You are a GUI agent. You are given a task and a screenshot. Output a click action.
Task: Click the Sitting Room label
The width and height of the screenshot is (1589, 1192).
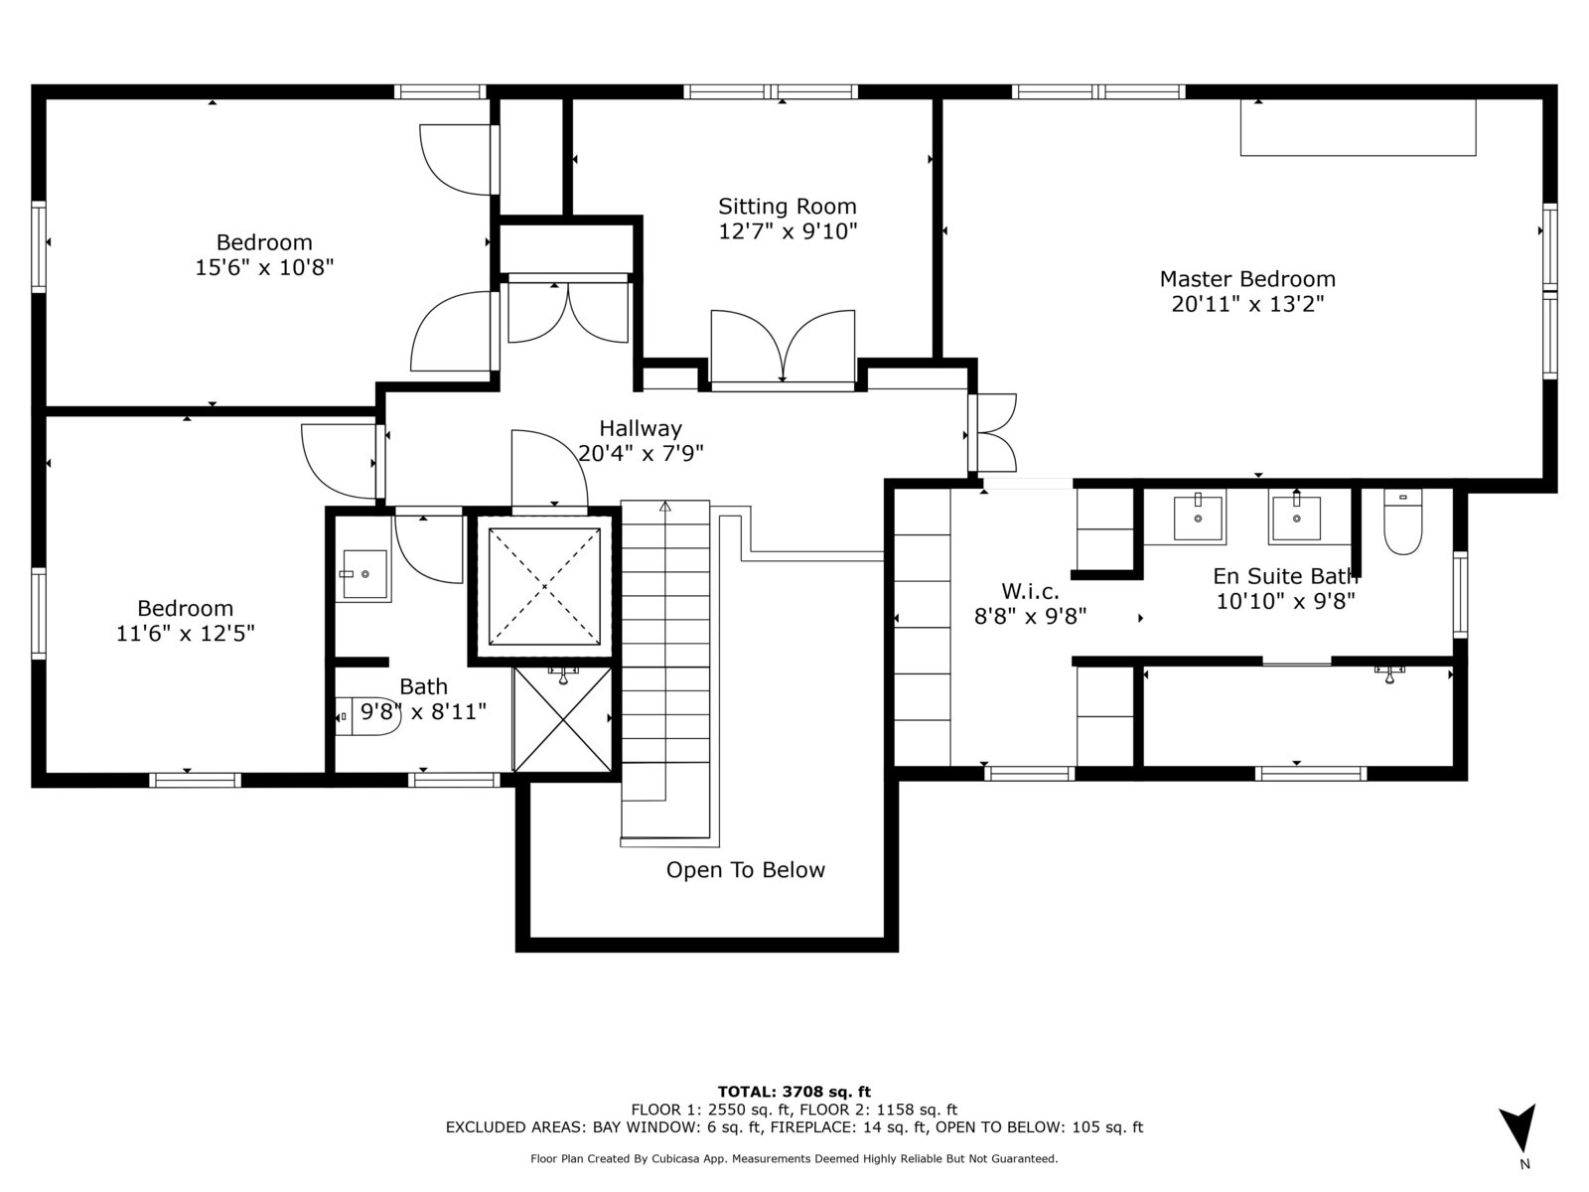tap(787, 207)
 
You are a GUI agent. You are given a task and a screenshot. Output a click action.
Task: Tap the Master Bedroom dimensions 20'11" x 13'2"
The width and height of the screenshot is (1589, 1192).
tap(1247, 303)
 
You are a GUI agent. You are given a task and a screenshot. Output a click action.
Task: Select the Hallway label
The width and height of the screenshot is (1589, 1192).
tap(640, 428)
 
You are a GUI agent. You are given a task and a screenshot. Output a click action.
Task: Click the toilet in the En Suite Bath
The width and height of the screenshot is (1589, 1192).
tap(1402, 521)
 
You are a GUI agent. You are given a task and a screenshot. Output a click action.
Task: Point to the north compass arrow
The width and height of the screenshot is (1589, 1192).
tap(1518, 1129)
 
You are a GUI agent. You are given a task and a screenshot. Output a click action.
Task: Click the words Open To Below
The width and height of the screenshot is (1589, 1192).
tap(745, 869)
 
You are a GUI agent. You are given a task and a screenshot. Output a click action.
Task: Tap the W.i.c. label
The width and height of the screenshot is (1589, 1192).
tap(1030, 591)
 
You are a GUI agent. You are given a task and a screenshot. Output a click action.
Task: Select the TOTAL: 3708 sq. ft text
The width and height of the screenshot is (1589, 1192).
tap(794, 1092)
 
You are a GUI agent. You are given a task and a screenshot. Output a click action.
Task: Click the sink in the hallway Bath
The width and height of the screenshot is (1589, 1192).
tap(364, 574)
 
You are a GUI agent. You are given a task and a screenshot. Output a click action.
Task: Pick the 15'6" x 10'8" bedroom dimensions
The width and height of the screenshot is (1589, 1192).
tap(264, 267)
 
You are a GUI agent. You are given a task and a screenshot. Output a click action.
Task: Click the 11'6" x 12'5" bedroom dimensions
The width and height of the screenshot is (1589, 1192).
tap(186, 634)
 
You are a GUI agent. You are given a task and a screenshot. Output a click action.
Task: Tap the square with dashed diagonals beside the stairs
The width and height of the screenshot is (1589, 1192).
tap(544, 586)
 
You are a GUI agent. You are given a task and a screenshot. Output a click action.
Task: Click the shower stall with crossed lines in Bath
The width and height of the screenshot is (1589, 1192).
tap(562, 719)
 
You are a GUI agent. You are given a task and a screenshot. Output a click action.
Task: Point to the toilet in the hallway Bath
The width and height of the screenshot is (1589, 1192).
tap(367, 716)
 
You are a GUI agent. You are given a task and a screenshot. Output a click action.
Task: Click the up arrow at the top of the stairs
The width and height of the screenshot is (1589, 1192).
tap(665, 507)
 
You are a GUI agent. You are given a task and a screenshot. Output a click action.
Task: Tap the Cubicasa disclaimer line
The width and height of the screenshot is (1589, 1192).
tap(794, 1158)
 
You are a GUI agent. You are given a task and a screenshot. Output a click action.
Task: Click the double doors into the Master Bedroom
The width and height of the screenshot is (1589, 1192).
tap(992, 433)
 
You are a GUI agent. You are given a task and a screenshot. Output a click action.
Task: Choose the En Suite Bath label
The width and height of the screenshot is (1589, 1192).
tap(1285, 576)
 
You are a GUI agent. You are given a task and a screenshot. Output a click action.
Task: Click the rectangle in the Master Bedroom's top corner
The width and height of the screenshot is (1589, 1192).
tap(1358, 127)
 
